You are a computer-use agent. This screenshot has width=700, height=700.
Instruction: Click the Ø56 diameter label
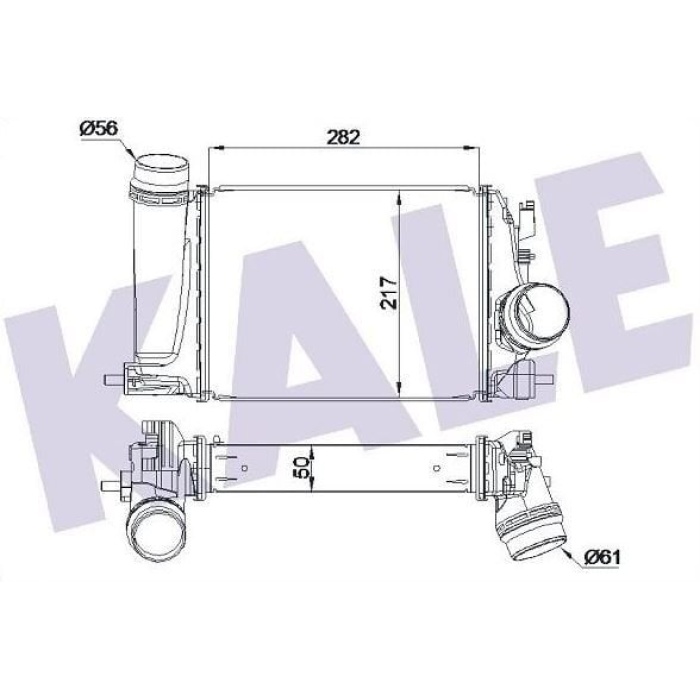click(x=98, y=128)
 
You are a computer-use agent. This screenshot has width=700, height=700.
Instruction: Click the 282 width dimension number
click(x=343, y=137)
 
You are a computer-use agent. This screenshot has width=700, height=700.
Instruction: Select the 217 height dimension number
click(x=389, y=293)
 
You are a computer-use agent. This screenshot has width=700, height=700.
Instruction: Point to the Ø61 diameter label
click(x=602, y=557)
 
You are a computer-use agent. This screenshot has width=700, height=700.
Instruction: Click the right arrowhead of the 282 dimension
click(x=472, y=147)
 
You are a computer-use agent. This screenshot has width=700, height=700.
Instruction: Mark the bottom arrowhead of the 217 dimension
click(x=400, y=388)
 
